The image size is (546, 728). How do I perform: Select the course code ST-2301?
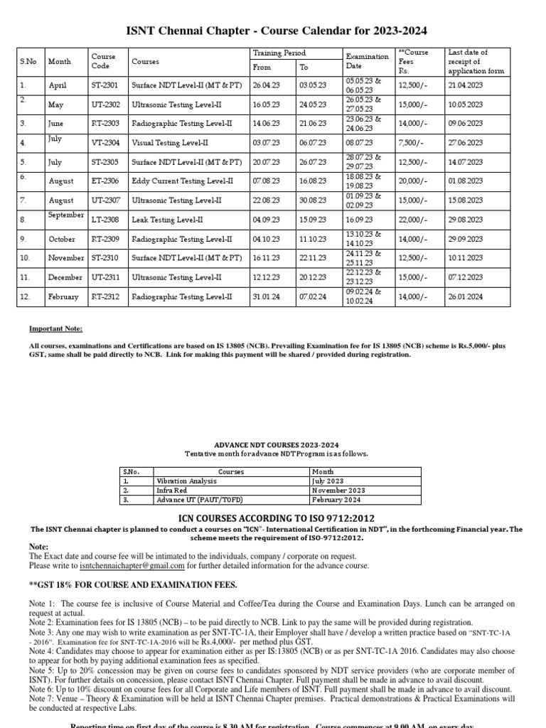point(105,85)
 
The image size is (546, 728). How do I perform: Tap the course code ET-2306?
point(105,181)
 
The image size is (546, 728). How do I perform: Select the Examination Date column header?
point(367,60)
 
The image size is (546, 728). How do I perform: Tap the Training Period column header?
point(279,53)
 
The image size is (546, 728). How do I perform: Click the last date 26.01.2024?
point(466,296)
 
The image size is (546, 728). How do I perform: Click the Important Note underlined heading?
point(55,329)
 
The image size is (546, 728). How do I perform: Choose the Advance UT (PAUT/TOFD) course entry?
point(191,499)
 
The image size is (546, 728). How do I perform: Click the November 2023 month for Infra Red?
point(337,490)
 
